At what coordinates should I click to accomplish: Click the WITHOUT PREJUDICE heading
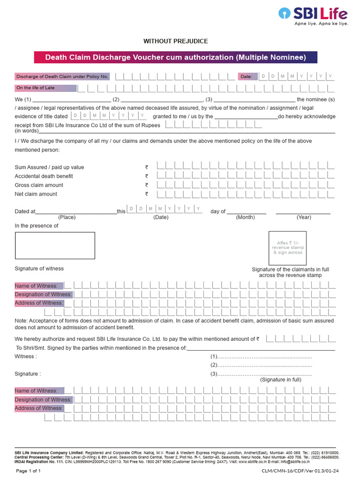(x=175, y=41)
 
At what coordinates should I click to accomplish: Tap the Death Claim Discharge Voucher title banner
(x=175, y=58)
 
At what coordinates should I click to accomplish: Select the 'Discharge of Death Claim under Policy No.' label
(x=62, y=76)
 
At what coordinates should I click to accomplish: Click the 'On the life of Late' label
(x=45, y=88)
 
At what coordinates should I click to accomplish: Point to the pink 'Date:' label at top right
(x=247, y=76)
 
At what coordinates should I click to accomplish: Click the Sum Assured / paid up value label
(x=49, y=167)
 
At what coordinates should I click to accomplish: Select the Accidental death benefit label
(x=44, y=176)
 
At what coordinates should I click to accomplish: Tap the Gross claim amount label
(x=39, y=185)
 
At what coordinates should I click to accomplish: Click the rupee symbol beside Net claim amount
(x=146, y=194)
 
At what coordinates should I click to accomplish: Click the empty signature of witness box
(x=55, y=246)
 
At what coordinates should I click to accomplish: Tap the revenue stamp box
(x=287, y=248)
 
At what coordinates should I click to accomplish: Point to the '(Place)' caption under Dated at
(x=67, y=217)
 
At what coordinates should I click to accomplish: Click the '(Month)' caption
(x=245, y=217)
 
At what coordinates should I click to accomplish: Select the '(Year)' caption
(x=304, y=217)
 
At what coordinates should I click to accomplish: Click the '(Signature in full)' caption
(x=281, y=380)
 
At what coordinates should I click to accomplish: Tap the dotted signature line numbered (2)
(x=261, y=365)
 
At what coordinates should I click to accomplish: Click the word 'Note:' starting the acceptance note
(x=22, y=321)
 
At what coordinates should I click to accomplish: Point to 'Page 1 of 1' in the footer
(x=29, y=471)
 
